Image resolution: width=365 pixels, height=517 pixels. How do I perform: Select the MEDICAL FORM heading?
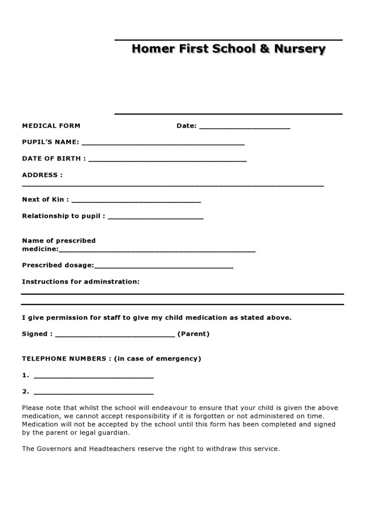(51, 125)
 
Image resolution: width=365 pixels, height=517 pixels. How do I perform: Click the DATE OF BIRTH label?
(54, 158)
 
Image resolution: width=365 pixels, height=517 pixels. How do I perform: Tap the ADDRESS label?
(42, 175)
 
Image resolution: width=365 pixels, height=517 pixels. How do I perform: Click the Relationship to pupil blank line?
(155, 218)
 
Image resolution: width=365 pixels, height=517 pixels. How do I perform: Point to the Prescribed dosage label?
(58, 265)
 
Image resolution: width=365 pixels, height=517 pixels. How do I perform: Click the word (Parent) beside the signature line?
(194, 334)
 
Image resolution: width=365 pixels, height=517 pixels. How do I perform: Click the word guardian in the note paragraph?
(115, 433)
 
